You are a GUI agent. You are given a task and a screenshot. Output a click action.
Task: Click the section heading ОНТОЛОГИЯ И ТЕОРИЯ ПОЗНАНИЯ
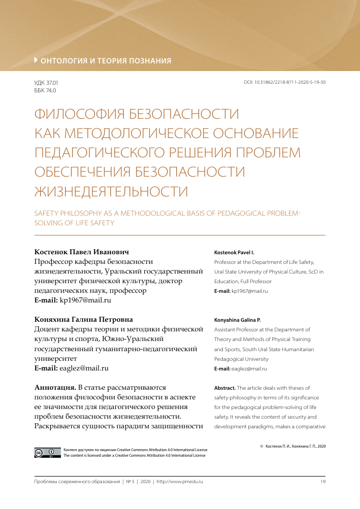point(106,61)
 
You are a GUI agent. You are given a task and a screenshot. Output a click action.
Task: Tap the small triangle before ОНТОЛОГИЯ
point(36,60)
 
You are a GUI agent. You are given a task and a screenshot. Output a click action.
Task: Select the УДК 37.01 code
point(46,82)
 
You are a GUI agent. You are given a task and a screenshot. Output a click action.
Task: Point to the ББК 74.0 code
point(45,90)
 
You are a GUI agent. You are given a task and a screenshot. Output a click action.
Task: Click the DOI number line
point(284,82)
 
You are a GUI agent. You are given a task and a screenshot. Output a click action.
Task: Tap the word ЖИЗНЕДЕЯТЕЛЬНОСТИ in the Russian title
point(111,192)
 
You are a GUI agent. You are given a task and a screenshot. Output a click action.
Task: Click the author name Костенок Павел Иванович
point(81,252)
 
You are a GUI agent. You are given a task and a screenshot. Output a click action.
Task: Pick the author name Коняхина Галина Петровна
point(83,320)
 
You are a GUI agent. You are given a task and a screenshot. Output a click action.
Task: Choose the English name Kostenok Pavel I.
point(234,252)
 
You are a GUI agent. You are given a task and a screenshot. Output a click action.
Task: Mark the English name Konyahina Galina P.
point(238,320)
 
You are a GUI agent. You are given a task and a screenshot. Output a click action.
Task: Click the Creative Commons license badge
point(44,452)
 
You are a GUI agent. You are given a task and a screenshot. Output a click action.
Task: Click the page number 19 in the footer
point(322,481)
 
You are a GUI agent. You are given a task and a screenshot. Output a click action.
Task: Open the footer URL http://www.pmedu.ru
point(180,481)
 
